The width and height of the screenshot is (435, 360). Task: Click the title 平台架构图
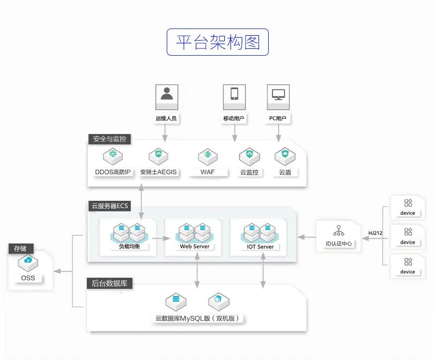tap(217, 42)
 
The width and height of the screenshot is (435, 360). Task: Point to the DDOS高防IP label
tap(113, 172)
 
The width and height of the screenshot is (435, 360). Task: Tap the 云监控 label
tap(249, 172)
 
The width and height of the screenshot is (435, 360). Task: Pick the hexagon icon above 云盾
tap(285, 156)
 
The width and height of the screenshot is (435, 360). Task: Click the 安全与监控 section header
tap(109, 139)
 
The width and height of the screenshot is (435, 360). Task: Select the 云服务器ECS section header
tap(110, 206)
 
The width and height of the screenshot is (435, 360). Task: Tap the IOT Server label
tap(260, 246)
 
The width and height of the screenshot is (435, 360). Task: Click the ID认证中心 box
tap(339, 236)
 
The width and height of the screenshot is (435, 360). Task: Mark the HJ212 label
tap(375, 233)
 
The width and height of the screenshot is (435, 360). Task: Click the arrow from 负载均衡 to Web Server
tap(160, 238)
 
